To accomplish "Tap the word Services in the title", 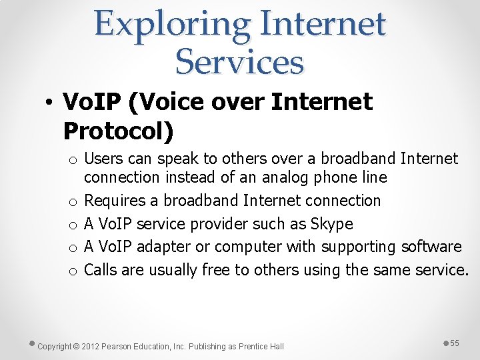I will pos(239,62).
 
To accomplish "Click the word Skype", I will pos(333,223).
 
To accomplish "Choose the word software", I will pos(431,247).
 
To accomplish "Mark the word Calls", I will pos(101,269).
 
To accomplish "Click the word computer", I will pos(249,247).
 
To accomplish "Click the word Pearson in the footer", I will pos(121,347).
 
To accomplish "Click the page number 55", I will pos(455,343).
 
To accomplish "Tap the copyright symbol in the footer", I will pos(76,347).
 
